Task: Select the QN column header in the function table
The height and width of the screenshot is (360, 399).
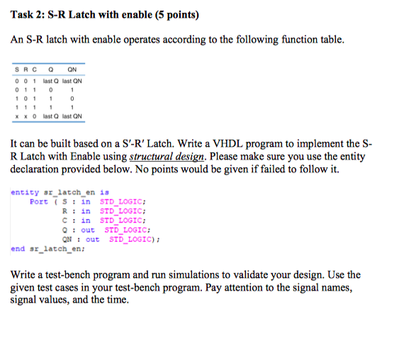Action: (x=71, y=69)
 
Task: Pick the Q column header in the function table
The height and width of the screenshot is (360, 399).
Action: (x=50, y=69)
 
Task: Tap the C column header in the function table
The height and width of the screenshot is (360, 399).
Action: (x=32, y=69)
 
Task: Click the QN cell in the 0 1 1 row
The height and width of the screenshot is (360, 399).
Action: (x=72, y=89)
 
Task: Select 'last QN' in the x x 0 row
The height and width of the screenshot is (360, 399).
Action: (x=72, y=116)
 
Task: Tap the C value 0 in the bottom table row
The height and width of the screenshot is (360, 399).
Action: (x=32, y=116)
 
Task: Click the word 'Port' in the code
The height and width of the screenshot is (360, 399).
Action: (x=39, y=201)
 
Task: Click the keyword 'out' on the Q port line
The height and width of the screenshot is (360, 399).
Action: (x=88, y=230)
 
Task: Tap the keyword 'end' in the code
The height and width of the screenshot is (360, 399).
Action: (x=18, y=249)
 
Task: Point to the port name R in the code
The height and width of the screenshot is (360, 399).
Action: (x=65, y=210)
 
